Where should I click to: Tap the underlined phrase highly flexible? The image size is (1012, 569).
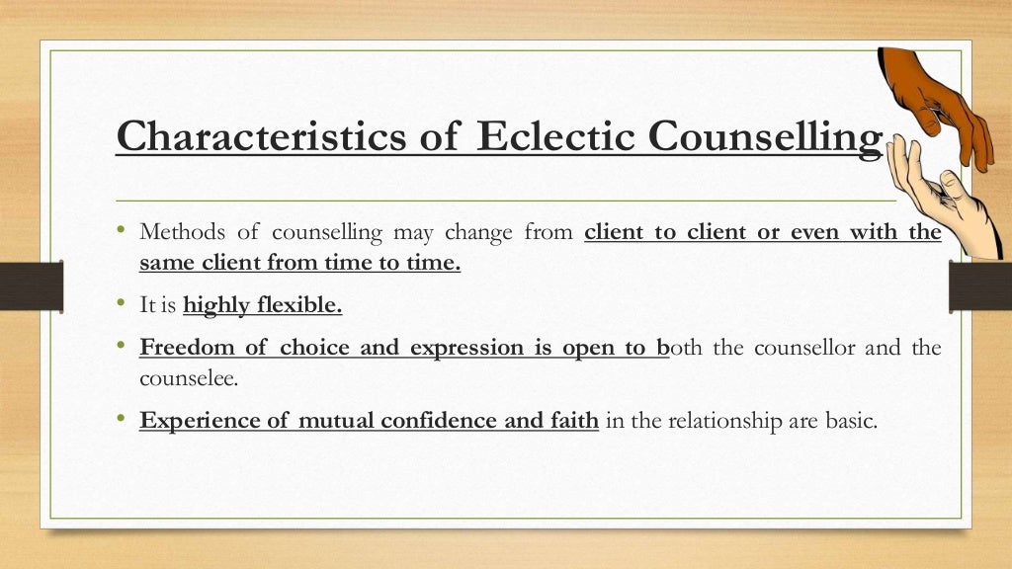point(263,305)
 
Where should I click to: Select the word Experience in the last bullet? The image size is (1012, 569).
point(202,420)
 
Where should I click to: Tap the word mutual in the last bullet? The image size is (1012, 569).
point(336,420)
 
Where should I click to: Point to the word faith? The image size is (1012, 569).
point(574,420)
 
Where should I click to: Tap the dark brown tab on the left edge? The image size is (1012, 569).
point(31,286)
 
